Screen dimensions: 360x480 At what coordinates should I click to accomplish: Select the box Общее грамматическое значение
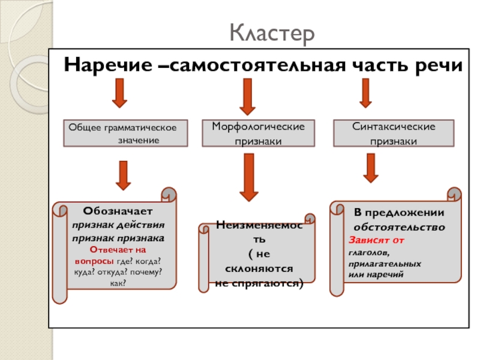[125, 133]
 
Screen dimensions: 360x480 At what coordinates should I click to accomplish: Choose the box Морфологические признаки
[258, 133]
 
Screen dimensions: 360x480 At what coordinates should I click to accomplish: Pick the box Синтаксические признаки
[394, 133]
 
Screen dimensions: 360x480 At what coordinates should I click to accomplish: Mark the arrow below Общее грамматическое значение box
[124, 173]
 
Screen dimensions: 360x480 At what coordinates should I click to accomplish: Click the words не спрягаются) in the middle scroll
[260, 281]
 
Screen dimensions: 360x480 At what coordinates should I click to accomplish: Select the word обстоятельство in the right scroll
[399, 227]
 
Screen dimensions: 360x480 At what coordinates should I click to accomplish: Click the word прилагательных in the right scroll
[385, 263]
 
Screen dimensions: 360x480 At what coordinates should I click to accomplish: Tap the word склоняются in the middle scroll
[259, 269]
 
